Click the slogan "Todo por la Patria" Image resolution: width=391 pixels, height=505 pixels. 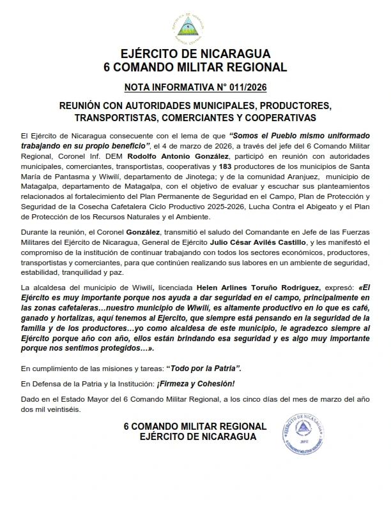tap(204, 369)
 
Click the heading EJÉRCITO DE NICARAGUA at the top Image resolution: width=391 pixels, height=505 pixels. tap(195, 54)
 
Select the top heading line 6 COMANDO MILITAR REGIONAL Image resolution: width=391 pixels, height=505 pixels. tap(195, 66)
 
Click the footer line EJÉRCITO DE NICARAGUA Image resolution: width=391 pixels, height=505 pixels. tap(198, 437)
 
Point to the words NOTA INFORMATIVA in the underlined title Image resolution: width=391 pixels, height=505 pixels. tap(166, 86)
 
